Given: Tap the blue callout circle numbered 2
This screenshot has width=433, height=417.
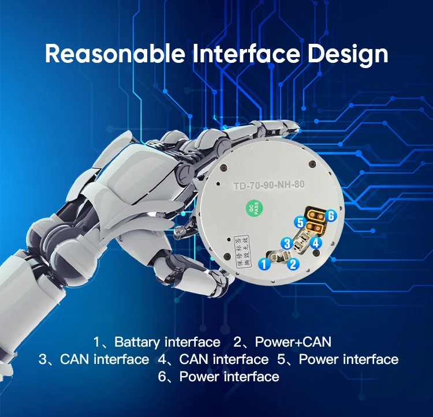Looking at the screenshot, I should [x=293, y=264].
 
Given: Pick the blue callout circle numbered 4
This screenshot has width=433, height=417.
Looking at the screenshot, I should [x=316, y=243].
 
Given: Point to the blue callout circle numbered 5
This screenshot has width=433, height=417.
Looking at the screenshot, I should [x=299, y=221].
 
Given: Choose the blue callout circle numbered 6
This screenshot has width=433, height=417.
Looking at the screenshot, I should [x=330, y=215].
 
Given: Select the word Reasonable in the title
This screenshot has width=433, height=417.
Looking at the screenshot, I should [x=114, y=54].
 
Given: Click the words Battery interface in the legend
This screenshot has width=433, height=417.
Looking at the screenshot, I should [x=167, y=342].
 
